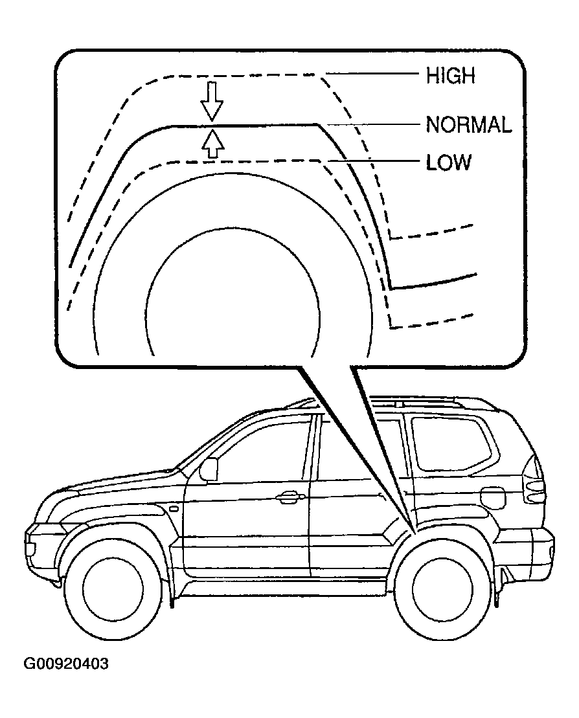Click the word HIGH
tap(450, 76)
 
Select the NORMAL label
tap(469, 124)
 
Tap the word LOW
tap(448, 162)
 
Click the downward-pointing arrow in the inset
tap(212, 101)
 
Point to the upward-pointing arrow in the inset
tap(213, 144)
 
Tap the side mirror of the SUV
tap(209, 469)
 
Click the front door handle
tap(290, 497)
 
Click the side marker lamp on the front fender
tap(174, 508)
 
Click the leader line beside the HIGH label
tap(372, 73)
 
